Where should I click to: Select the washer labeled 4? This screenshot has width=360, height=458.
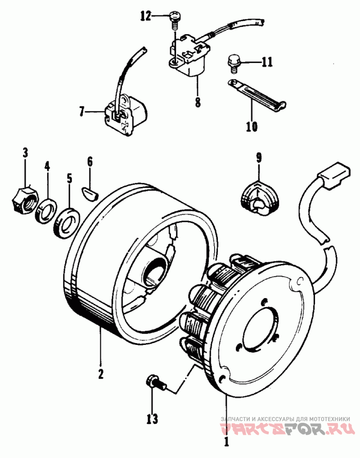pos(46,211)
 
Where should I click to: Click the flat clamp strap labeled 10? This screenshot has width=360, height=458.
pos(257,95)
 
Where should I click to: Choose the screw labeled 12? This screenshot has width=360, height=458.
pos(174,21)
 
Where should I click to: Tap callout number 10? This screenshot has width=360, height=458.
pos(252,127)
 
